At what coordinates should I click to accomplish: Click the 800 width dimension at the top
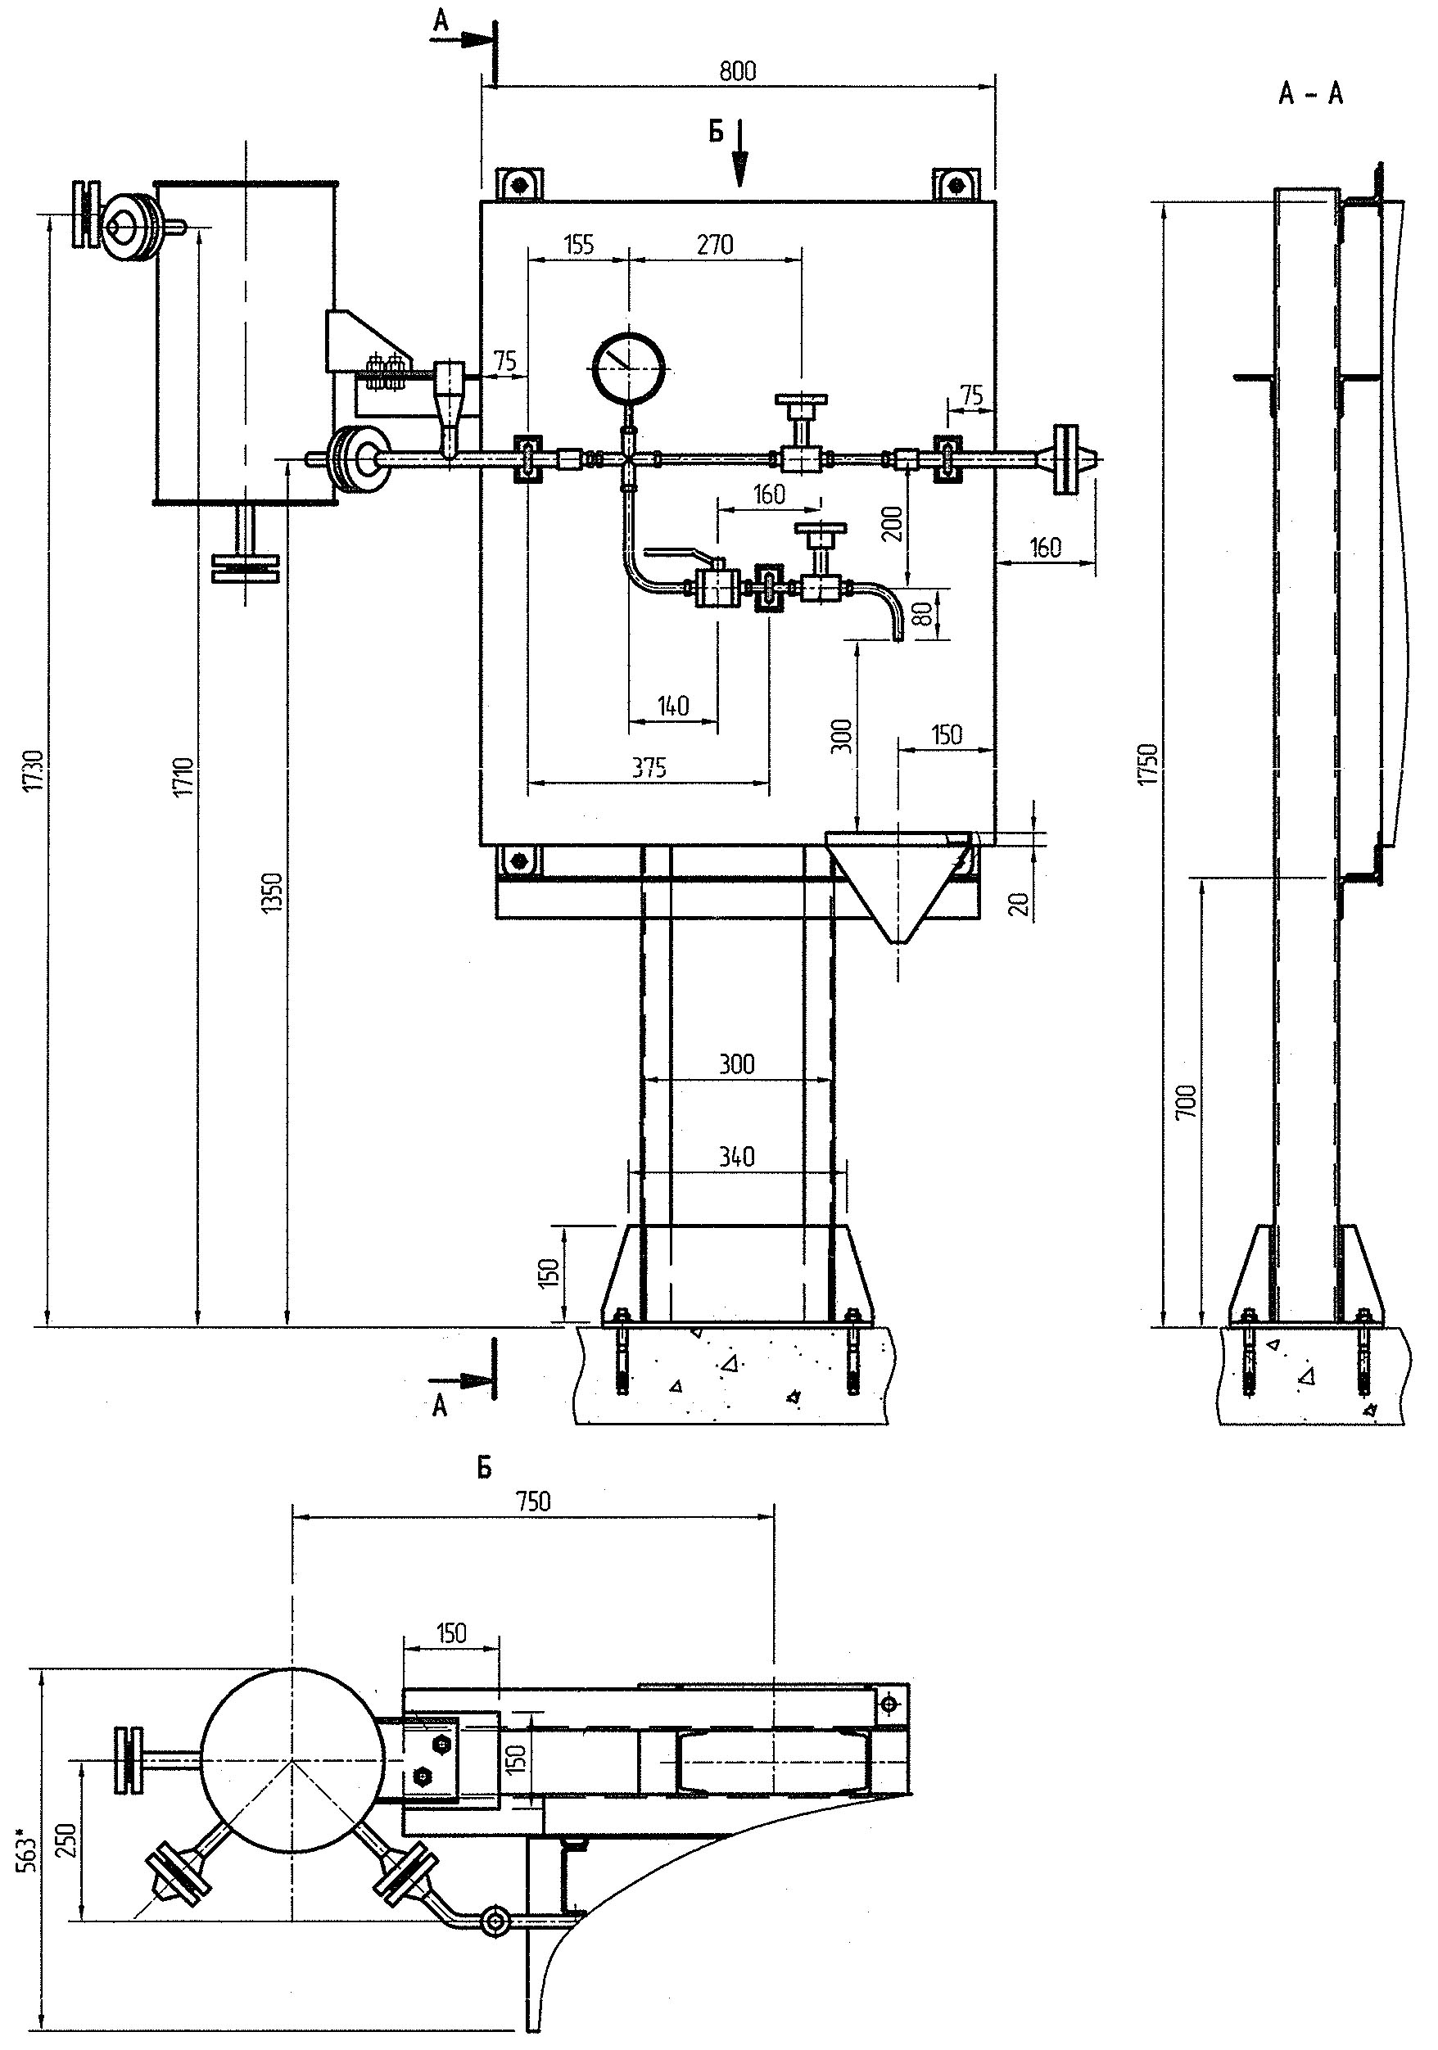pos(738,71)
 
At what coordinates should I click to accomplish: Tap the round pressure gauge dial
pos(629,367)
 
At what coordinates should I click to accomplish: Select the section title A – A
pos(1310,94)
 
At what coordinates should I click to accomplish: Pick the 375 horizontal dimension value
pos(649,768)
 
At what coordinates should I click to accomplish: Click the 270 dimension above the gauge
pos(715,245)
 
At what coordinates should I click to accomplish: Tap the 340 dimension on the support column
pos(736,1157)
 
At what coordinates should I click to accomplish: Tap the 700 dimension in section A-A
pos(1185,1104)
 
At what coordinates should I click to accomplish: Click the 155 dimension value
pos(579,245)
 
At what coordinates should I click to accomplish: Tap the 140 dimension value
pos(672,707)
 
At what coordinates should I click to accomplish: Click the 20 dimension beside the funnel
pos(1022,904)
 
